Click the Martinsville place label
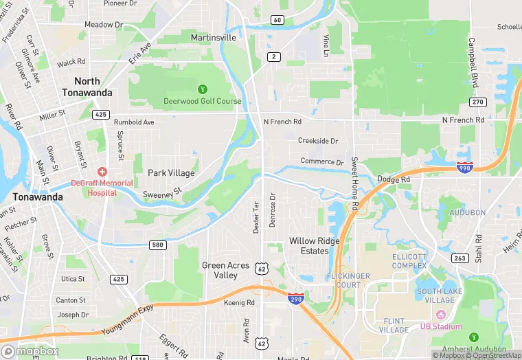[213, 37]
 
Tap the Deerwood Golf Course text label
[203, 101]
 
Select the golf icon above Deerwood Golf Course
[203, 89]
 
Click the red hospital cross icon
[102, 171]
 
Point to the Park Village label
[172, 173]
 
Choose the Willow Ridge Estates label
[314, 246]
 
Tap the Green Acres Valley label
[220, 270]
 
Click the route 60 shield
[277, 19]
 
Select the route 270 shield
[478, 102]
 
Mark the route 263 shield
[460, 258]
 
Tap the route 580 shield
[158, 245]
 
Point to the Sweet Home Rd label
[355, 183]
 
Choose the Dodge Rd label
[394, 179]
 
